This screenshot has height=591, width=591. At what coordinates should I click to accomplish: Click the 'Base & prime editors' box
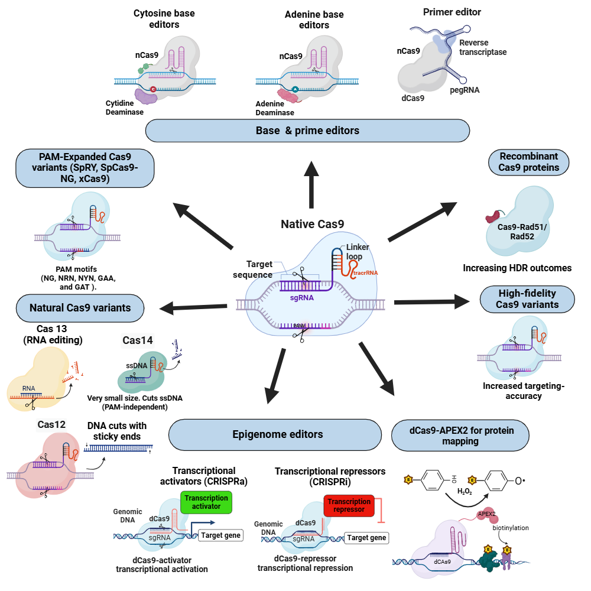307,131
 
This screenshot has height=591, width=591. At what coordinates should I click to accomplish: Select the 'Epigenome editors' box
275,434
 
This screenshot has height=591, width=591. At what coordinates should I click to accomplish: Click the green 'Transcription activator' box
206,502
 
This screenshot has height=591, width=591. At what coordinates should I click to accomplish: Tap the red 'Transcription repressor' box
349,506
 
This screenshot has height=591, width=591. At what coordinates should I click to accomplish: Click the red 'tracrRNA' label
365,273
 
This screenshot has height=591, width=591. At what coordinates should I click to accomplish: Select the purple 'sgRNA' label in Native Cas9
301,298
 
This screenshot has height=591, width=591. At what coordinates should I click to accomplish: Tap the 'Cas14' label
137,340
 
